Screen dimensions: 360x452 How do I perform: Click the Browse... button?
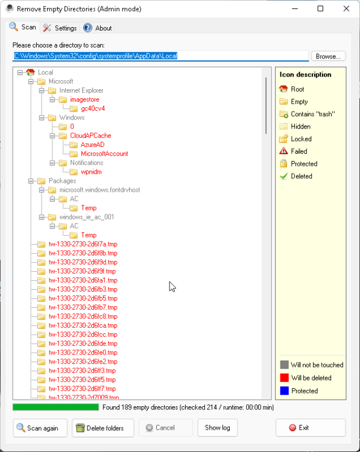click(328, 56)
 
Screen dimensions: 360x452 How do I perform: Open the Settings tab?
click(60, 28)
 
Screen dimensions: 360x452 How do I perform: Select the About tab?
click(97, 28)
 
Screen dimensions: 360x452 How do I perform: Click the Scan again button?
click(40, 428)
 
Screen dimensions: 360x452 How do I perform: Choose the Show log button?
click(218, 428)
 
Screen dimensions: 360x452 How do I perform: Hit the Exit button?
click(311, 428)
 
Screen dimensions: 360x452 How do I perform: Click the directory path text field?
click(160, 56)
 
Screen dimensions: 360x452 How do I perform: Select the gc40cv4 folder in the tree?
click(93, 108)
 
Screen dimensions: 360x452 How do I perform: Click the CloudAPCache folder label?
click(90, 136)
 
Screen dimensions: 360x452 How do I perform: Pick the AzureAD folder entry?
click(93, 145)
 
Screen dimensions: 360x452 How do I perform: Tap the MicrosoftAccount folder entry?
click(104, 154)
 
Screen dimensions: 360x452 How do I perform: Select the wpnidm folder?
click(91, 172)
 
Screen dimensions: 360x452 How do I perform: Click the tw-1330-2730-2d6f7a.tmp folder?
click(83, 244)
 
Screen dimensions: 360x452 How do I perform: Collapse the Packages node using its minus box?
click(31, 181)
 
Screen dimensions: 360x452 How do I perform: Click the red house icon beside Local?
click(30, 72)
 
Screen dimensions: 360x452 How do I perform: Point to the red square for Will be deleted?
click(285, 378)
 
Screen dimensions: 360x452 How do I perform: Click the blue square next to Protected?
click(285, 391)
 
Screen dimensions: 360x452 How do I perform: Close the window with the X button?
click(347, 8)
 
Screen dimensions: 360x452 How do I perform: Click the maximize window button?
click(320, 8)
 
